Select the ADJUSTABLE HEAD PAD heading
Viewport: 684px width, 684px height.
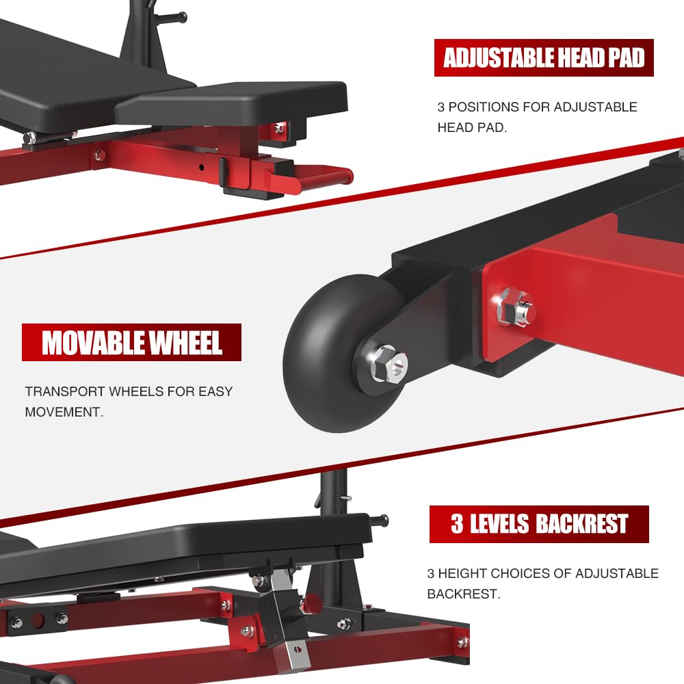544,58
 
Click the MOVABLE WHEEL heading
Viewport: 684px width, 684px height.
132,342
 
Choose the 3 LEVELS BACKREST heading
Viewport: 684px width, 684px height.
539,524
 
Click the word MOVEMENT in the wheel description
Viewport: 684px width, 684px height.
64,412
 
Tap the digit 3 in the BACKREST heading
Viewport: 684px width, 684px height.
457,524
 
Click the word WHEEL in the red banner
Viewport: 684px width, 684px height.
187,342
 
